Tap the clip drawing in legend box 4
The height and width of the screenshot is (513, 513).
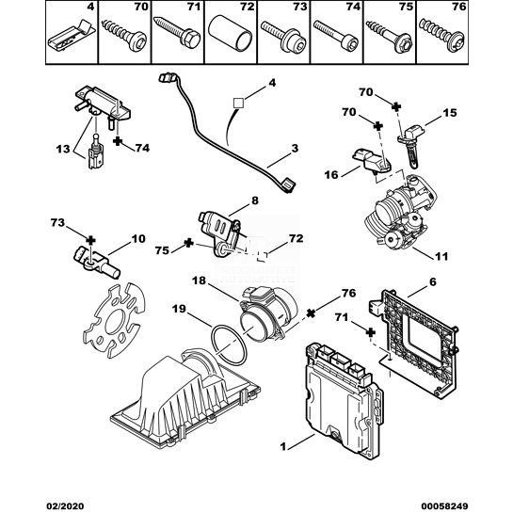pos(72,37)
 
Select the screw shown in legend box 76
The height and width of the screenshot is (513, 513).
pos(441,36)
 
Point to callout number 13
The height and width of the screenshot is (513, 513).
pos(63,149)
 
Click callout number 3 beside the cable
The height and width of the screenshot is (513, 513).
pos(295,148)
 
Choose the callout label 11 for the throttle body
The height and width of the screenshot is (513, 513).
pos(441,256)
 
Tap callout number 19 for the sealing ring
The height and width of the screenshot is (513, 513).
pos(179,309)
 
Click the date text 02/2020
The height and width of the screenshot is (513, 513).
pos(64,506)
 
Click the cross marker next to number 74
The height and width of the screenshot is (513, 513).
pos(117,141)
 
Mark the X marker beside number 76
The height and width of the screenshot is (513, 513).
pos(312,313)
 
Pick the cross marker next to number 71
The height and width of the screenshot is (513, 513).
pos(370,332)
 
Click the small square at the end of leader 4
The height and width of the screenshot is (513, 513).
pos(238,103)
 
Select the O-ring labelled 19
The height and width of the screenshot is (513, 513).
pos(229,345)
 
